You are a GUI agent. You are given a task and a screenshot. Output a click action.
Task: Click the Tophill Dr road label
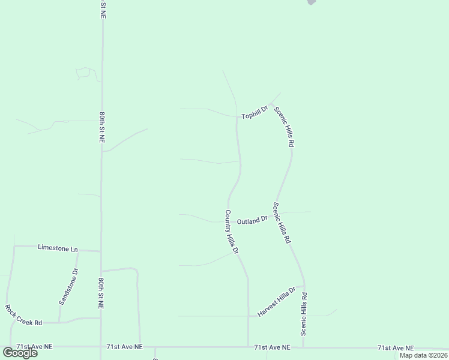point(254,112)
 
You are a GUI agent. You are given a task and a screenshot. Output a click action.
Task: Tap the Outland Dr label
point(252,221)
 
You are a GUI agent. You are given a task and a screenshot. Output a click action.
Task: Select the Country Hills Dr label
point(232,231)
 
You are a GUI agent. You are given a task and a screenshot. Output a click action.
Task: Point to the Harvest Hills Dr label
point(277,302)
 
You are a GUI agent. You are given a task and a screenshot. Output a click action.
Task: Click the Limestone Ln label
point(58,247)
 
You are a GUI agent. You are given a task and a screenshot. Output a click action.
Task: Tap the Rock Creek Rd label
point(23,315)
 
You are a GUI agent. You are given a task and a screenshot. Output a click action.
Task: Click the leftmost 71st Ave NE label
point(35,347)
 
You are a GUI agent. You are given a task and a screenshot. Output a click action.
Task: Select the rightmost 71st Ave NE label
point(396,348)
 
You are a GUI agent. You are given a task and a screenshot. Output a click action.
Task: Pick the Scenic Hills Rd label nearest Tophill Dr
point(284,127)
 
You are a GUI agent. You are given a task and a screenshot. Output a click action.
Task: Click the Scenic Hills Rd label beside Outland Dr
point(282,222)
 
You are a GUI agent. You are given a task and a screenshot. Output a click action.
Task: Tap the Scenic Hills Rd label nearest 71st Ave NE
point(304,314)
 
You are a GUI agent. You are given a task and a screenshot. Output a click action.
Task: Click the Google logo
point(20,353)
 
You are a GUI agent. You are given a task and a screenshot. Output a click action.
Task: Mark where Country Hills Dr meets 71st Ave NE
point(249,347)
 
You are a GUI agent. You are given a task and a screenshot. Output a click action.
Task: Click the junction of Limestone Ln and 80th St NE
point(101,251)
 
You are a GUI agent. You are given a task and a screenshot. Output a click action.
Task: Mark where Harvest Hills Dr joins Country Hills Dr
point(249,316)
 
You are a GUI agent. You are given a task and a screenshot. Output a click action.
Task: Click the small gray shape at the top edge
point(311,2)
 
